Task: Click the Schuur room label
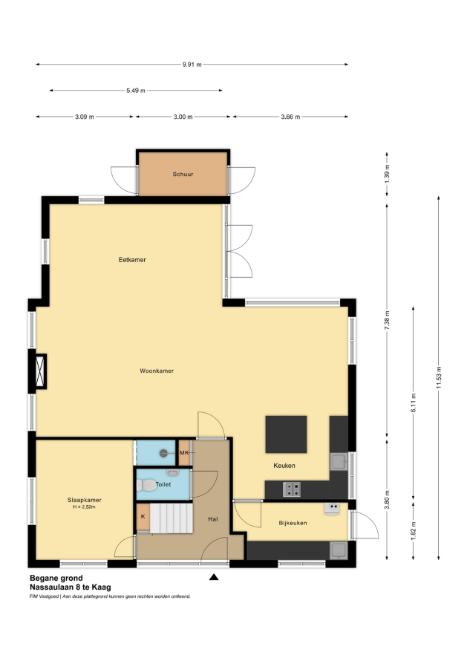(x=183, y=174)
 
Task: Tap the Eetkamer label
(x=132, y=260)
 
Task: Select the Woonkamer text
(x=157, y=371)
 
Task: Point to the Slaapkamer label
(x=85, y=500)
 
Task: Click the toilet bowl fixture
(x=146, y=485)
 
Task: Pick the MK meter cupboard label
(x=184, y=453)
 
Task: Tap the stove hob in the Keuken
(x=292, y=489)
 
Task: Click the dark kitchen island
(x=286, y=434)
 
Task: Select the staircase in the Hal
(x=171, y=518)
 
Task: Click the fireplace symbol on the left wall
(x=40, y=371)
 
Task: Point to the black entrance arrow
(x=214, y=577)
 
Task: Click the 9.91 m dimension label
(x=192, y=65)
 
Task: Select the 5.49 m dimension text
(x=136, y=91)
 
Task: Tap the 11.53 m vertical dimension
(x=439, y=378)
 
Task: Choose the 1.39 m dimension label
(x=387, y=173)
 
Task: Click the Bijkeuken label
(x=293, y=523)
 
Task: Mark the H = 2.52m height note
(x=85, y=507)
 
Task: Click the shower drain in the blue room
(x=163, y=453)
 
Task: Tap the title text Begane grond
(x=56, y=578)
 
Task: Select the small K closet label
(x=143, y=516)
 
